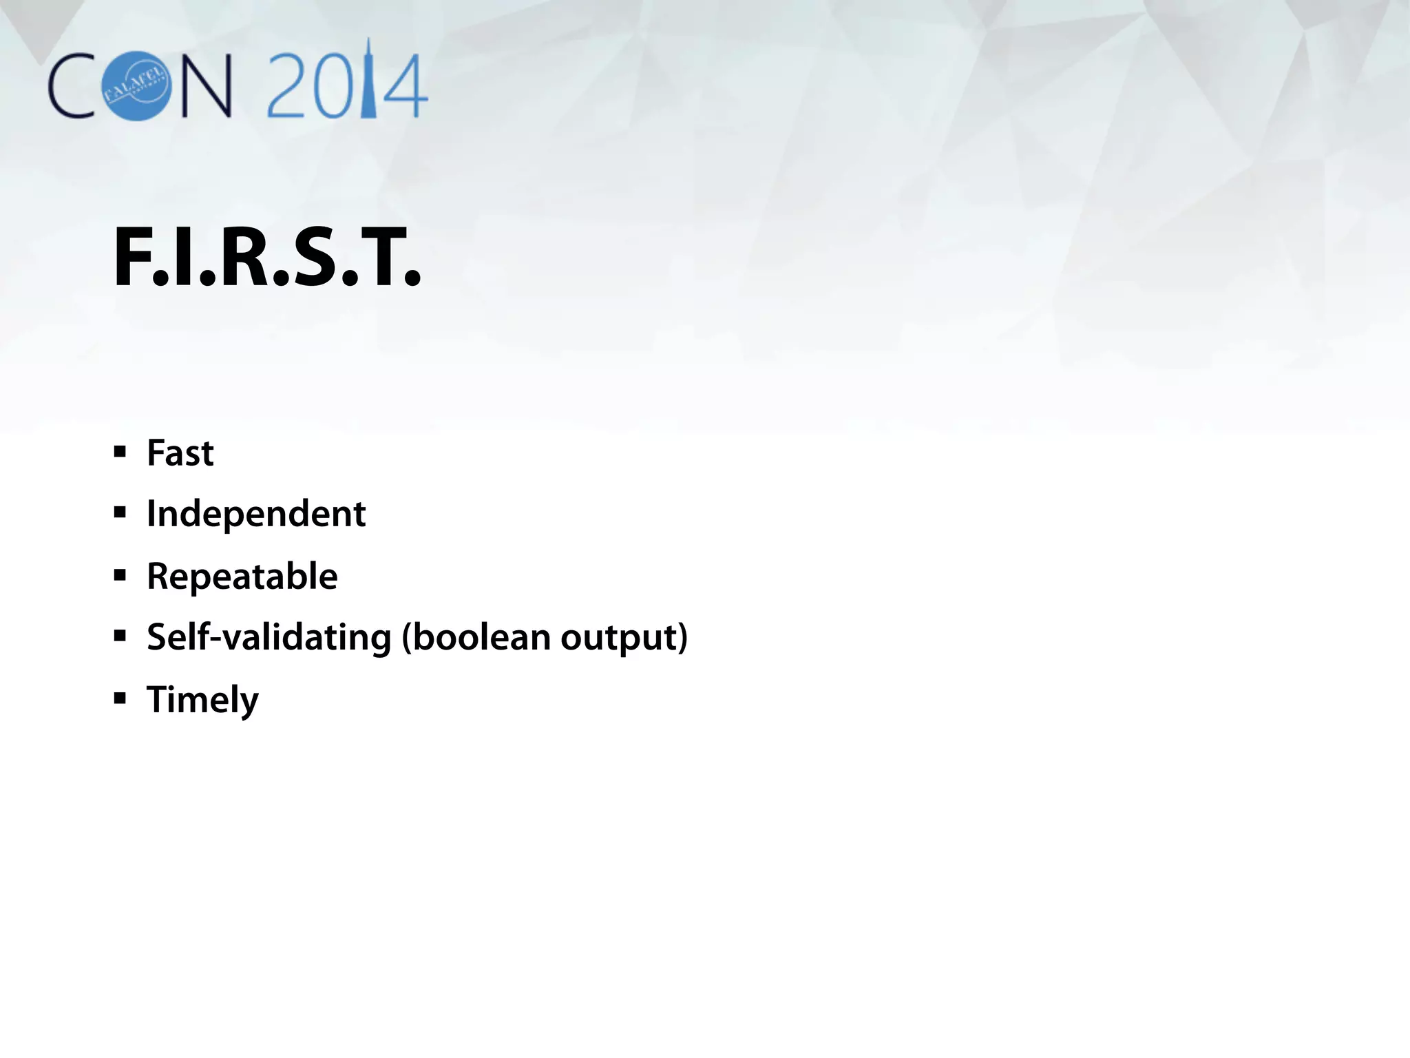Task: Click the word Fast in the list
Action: coord(180,454)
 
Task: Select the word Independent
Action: coord(256,515)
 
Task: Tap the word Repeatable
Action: coord(242,577)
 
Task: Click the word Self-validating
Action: coord(269,637)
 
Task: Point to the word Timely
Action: coord(202,700)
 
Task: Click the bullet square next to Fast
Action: coord(120,453)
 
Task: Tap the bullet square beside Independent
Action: coord(120,513)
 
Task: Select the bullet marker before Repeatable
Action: coord(120,575)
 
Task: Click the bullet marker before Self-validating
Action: coord(120,636)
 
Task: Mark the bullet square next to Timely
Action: coord(120,698)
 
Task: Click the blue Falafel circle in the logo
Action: coord(136,86)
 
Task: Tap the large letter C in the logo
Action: coord(72,86)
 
